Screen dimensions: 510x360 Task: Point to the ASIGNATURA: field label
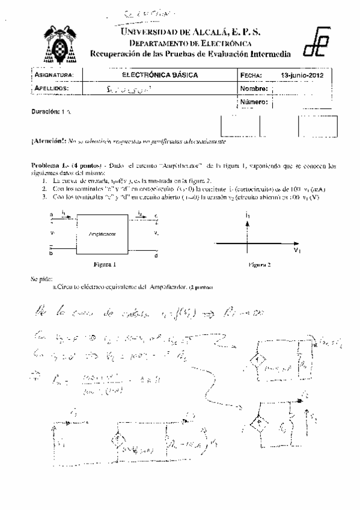(x=53, y=75)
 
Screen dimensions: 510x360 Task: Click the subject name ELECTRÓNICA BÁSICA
(x=159, y=75)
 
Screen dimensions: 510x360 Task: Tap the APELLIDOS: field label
(x=52, y=88)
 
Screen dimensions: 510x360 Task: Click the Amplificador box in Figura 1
(x=102, y=232)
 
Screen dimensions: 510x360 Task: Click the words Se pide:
(x=41, y=279)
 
